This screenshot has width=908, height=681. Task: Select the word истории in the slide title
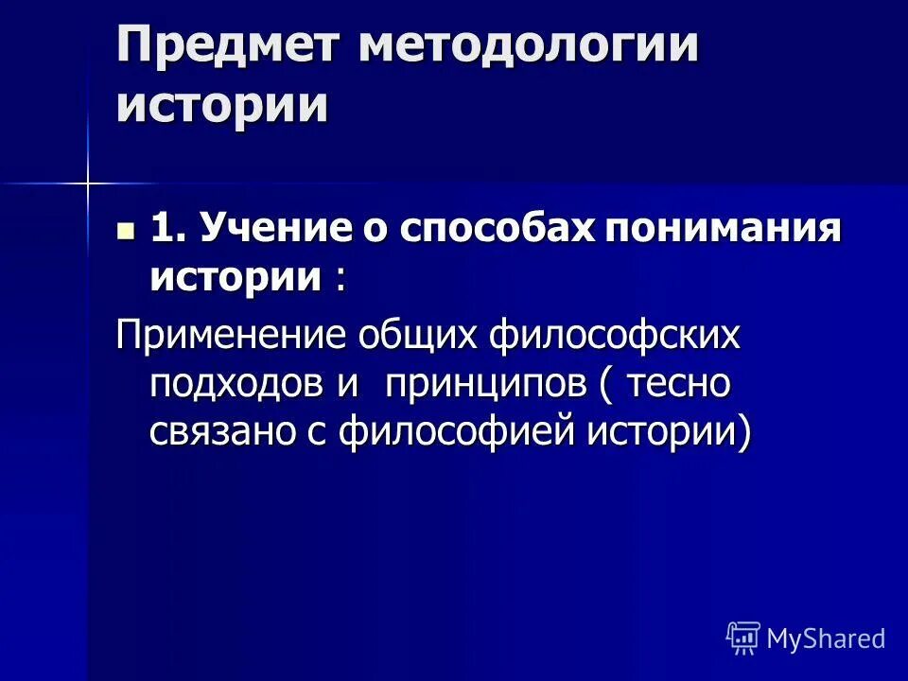tap(222, 105)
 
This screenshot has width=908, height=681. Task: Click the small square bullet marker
tap(125, 230)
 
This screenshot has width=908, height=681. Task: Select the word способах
tap(500, 230)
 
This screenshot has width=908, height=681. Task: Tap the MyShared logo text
tap(825, 639)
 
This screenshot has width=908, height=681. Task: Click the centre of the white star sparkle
tap(87, 182)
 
